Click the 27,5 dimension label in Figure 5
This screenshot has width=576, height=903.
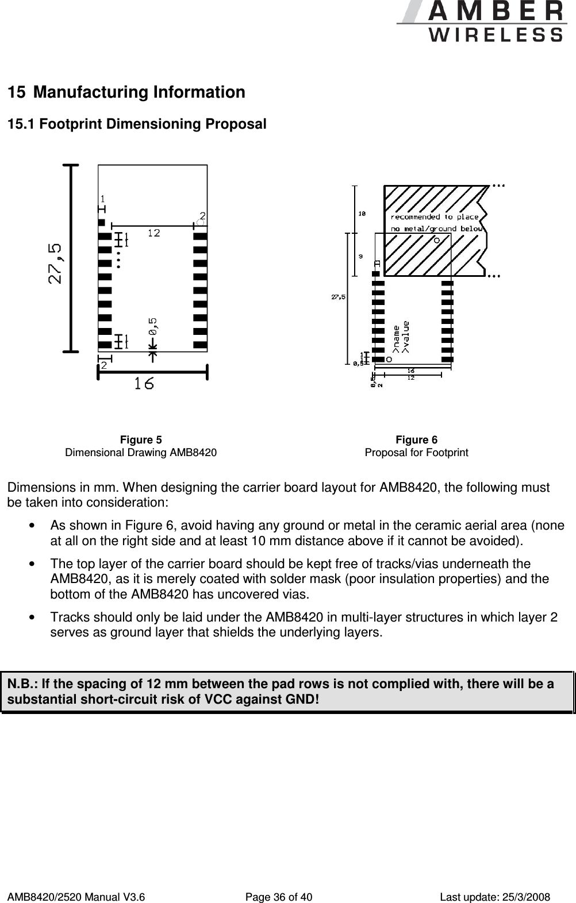tap(56, 264)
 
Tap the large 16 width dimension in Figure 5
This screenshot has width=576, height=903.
tap(144, 384)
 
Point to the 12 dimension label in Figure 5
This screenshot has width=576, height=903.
tap(153, 233)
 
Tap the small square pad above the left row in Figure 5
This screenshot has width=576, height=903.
tap(102, 222)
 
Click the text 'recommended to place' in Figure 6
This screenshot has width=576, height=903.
tap(435, 217)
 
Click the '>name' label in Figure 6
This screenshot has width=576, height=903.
tap(396, 338)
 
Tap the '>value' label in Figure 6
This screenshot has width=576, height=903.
tap(406, 337)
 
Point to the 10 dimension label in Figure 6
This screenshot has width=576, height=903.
tap(362, 214)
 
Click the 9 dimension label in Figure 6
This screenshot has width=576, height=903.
tap(360, 257)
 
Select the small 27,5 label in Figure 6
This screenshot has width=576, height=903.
tap(339, 297)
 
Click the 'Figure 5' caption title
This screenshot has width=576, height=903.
tap(141, 440)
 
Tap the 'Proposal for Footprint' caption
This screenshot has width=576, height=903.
tap(416, 453)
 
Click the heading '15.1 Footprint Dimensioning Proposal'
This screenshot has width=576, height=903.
tap(136, 124)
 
